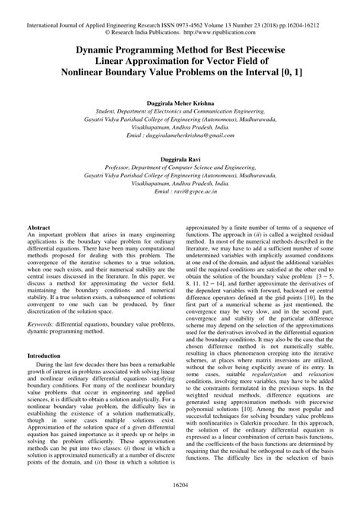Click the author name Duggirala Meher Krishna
coord(180,100)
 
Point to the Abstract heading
coord(39,228)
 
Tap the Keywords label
coord(43,323)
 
